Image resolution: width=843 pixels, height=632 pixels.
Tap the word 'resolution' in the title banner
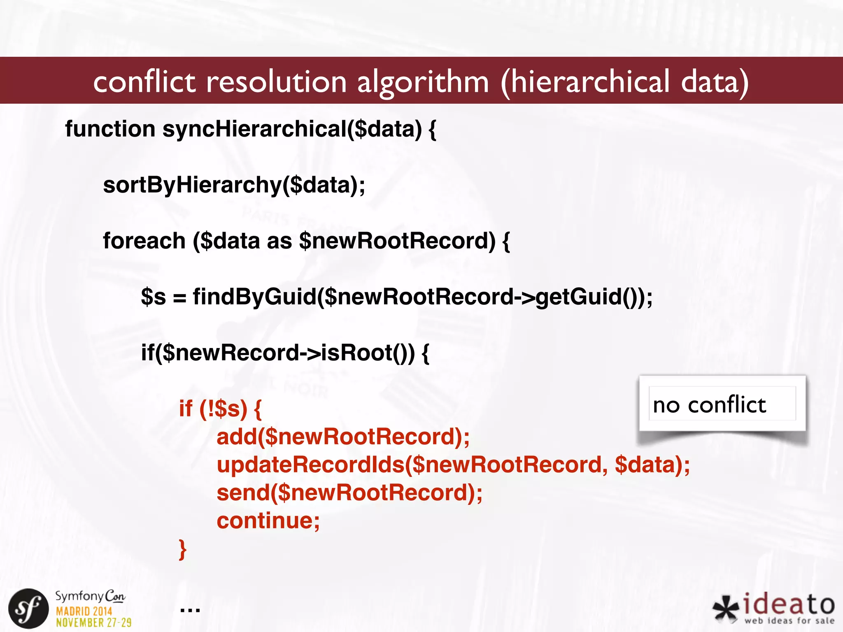pos(276,81)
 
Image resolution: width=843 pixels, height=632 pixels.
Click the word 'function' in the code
pos(110,129)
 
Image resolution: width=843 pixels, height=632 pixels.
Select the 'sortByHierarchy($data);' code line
pos(234,185)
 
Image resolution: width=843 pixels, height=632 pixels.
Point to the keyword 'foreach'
pos(144,241)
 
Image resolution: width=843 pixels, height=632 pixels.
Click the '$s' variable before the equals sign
pos(153,297)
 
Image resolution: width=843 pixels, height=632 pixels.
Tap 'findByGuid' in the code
pos(254,297)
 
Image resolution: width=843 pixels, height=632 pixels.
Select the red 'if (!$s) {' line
pos(220,409)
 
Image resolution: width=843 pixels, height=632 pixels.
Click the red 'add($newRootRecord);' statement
pos(343,437)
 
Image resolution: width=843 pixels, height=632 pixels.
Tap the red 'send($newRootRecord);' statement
pos(349,493)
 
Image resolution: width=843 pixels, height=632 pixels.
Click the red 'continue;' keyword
pos(268,520)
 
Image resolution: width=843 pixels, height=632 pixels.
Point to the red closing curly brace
pos(183,549)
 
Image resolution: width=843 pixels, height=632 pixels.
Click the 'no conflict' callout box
pos(722,404)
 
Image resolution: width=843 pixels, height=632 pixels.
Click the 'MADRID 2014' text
pos(84,611)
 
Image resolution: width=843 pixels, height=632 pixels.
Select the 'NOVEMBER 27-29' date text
pos(94,623)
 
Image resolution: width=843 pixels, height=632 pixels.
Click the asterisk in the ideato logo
pos(726,609)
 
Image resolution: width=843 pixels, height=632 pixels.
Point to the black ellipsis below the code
pos(190,609)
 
